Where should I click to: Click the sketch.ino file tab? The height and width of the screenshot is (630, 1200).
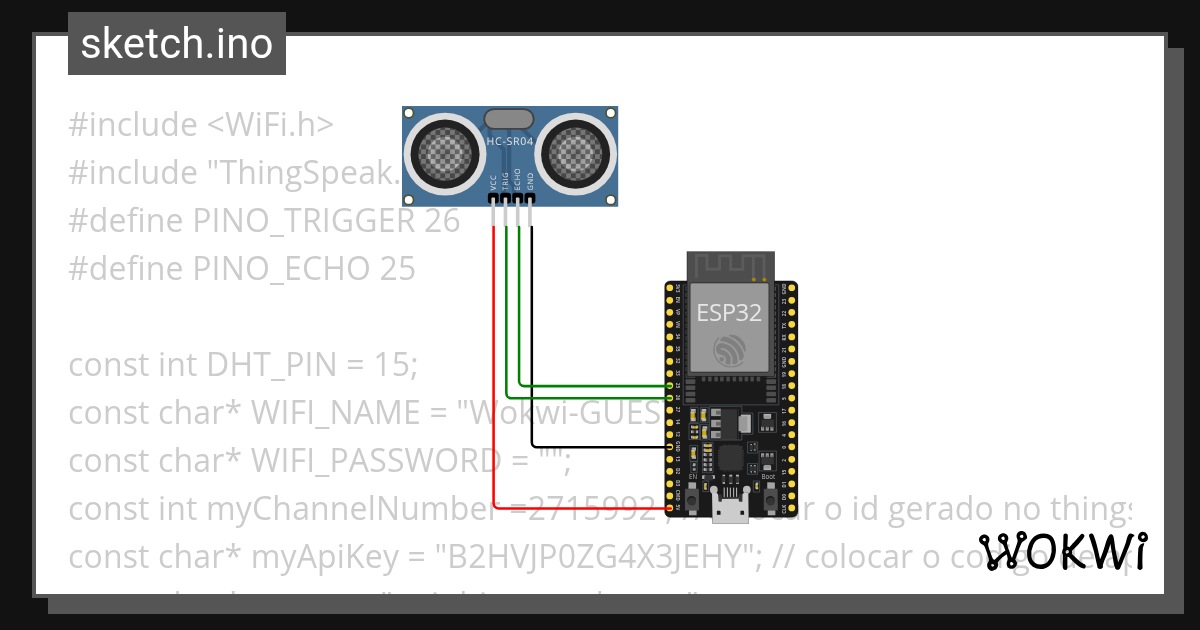pos(177,44)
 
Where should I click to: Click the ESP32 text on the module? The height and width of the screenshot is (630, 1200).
pos(729,312)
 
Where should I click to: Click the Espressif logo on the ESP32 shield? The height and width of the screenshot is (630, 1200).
pos(730,351)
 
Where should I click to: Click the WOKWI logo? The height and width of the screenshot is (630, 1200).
pos(1062,552)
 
